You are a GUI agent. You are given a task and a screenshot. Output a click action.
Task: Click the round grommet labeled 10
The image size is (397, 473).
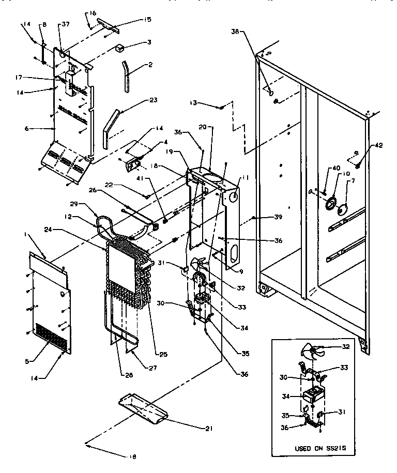[329, 203]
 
